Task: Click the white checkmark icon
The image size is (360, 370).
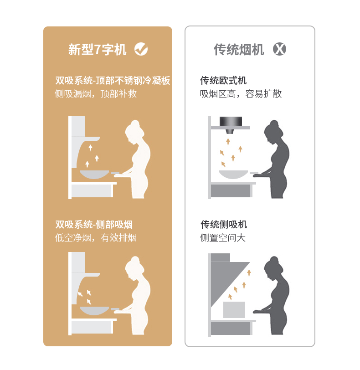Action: click(x=141, y=49)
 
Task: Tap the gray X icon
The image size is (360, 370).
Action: click(x=279, y=49)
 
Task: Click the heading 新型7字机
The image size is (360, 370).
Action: click(x=97, y=50)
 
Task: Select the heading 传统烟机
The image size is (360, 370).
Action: click(x=239, y=50)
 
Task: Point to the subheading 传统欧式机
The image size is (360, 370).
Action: click(x=223, y=81)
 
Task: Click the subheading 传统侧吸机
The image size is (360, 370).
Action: click(x=224, y=224)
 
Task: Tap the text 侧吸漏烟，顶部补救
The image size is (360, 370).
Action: click(x=96, y=94)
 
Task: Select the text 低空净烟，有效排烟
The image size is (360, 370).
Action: click(x=96, y=237)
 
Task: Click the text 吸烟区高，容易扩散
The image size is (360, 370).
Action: click(x=241, y=94)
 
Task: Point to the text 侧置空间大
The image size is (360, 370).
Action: click(x=223, y=237)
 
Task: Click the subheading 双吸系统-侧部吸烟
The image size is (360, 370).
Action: click(x=94, y=224)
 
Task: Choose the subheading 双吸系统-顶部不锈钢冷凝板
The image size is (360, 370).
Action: click(x=113, y=81)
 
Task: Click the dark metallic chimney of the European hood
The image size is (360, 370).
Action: click(x=231, y=121)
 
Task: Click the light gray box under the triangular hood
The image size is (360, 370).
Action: click(x=234, y=309)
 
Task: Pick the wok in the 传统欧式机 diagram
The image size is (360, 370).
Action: click(x=234, y=175)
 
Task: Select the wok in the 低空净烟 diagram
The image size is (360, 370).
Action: click(x=95, y=311)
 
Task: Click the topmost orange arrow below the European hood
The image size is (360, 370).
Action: click(x=228, y=141)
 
